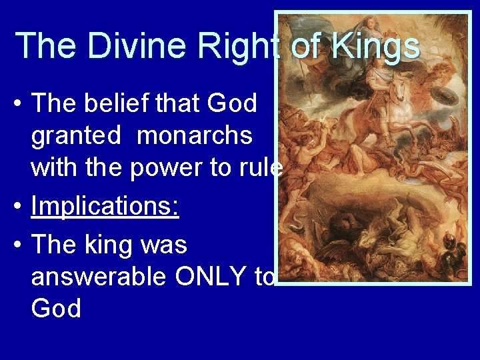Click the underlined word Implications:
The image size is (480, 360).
click(105, 207)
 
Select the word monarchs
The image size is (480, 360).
click(195, 136)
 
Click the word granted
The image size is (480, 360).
click(76, 136)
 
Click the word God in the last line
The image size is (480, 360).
click(56, 309)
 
